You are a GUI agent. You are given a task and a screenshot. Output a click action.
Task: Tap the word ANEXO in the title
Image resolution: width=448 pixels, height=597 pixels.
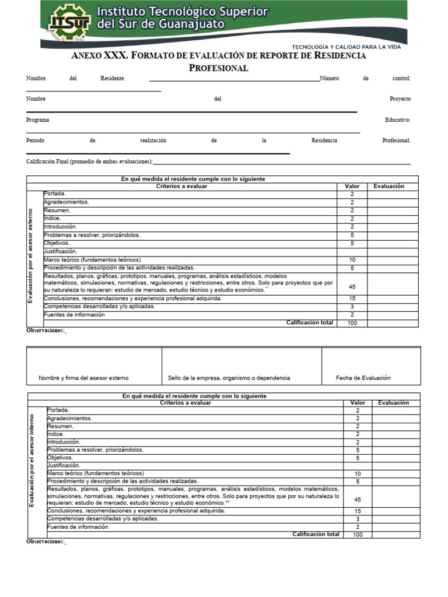(x=86, y=56)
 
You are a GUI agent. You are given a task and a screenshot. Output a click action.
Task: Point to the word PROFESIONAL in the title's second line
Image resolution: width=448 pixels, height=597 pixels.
(x=219, y=68)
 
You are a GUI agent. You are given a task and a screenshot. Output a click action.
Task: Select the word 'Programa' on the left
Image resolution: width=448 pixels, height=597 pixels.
(x=38, y=120)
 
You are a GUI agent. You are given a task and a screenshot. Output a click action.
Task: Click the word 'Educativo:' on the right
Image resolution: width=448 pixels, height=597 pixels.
(x=398, y=120)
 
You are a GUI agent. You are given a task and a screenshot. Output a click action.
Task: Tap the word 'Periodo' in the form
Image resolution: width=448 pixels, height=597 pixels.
(x=35, y=141)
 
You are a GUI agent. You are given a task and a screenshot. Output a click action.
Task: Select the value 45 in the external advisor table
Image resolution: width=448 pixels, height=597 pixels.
(x=352, y=287)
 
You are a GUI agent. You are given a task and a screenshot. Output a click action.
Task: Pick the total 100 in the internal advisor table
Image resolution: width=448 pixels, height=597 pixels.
(x=358, y=535)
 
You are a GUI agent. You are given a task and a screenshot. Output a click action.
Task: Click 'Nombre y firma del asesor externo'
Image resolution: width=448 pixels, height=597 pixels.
(x=83, y=378)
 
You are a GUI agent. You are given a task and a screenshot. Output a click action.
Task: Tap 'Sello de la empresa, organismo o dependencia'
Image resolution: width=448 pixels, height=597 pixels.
(x=229, y=378)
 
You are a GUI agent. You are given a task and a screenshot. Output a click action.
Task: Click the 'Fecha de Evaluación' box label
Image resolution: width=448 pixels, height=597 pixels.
(x=363, y=378)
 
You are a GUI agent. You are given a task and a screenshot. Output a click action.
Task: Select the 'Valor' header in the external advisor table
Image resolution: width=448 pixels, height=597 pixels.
(x=352, y=187)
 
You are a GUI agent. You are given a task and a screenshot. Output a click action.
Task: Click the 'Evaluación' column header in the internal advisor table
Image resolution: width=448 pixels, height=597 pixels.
(x=393, y=403)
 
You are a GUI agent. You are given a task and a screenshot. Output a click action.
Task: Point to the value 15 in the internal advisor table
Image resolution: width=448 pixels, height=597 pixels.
(x=358, y=511)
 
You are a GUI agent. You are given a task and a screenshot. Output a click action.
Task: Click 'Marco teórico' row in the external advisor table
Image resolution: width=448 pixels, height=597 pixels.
(x=92, y=259)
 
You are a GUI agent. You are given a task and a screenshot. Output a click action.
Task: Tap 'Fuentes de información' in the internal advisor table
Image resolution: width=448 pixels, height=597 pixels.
(x=78, y=526)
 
